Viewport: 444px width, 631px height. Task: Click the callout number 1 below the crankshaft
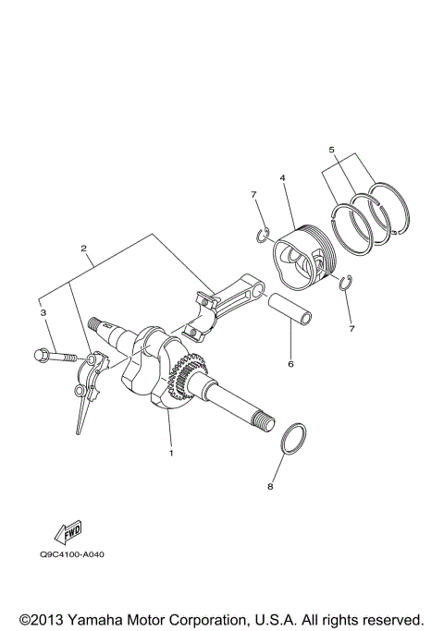click(170, 453)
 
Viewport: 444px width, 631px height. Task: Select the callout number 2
click(84, 249)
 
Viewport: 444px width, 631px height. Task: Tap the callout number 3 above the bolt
click(42, 314)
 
